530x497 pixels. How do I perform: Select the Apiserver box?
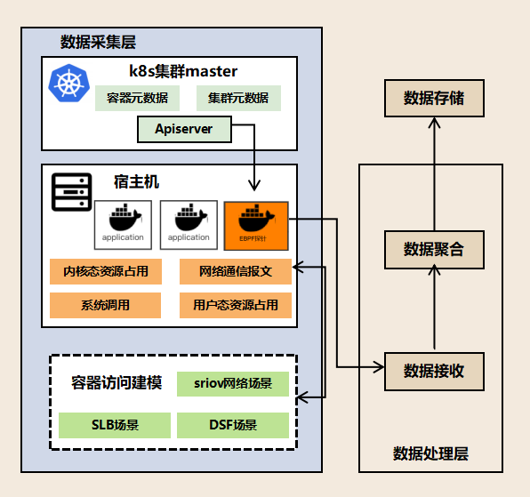tap(184, 130)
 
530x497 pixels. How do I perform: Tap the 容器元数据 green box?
tap(137, 98)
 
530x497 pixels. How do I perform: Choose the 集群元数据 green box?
tap(238, 98)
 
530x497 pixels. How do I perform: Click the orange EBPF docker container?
tap(257, 225)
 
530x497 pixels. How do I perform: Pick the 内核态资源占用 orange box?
tap(106, 271)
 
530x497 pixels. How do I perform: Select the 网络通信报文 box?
tap(236, 271)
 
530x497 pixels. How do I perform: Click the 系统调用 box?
tap(106, 305)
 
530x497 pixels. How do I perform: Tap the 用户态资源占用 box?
tap(236, 305)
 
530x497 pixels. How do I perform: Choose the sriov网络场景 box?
tap(233, 384)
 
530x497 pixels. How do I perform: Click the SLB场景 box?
tap(115, 425)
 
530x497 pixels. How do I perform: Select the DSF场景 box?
tap(233, 425)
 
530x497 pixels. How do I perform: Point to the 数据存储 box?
tap(434, 97)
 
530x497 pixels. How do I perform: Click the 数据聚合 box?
tap(434, 249)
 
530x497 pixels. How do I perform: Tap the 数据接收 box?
tap(434, 371)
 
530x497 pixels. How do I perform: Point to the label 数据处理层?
tap(430, 453)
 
